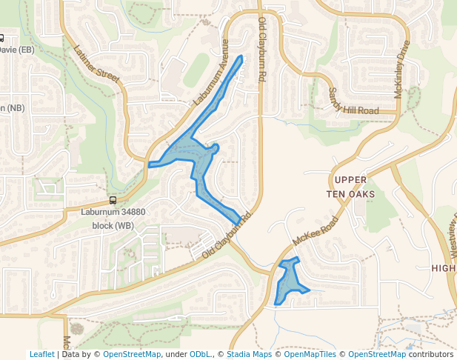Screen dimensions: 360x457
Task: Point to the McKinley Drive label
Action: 402,70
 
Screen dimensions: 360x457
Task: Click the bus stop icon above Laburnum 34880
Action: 113,200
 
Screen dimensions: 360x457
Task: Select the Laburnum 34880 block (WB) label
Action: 113,217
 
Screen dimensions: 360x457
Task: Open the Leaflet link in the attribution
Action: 41,354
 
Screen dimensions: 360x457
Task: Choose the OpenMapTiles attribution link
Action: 310,354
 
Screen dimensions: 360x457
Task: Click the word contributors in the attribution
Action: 430,354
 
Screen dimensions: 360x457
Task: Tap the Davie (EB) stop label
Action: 16,50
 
